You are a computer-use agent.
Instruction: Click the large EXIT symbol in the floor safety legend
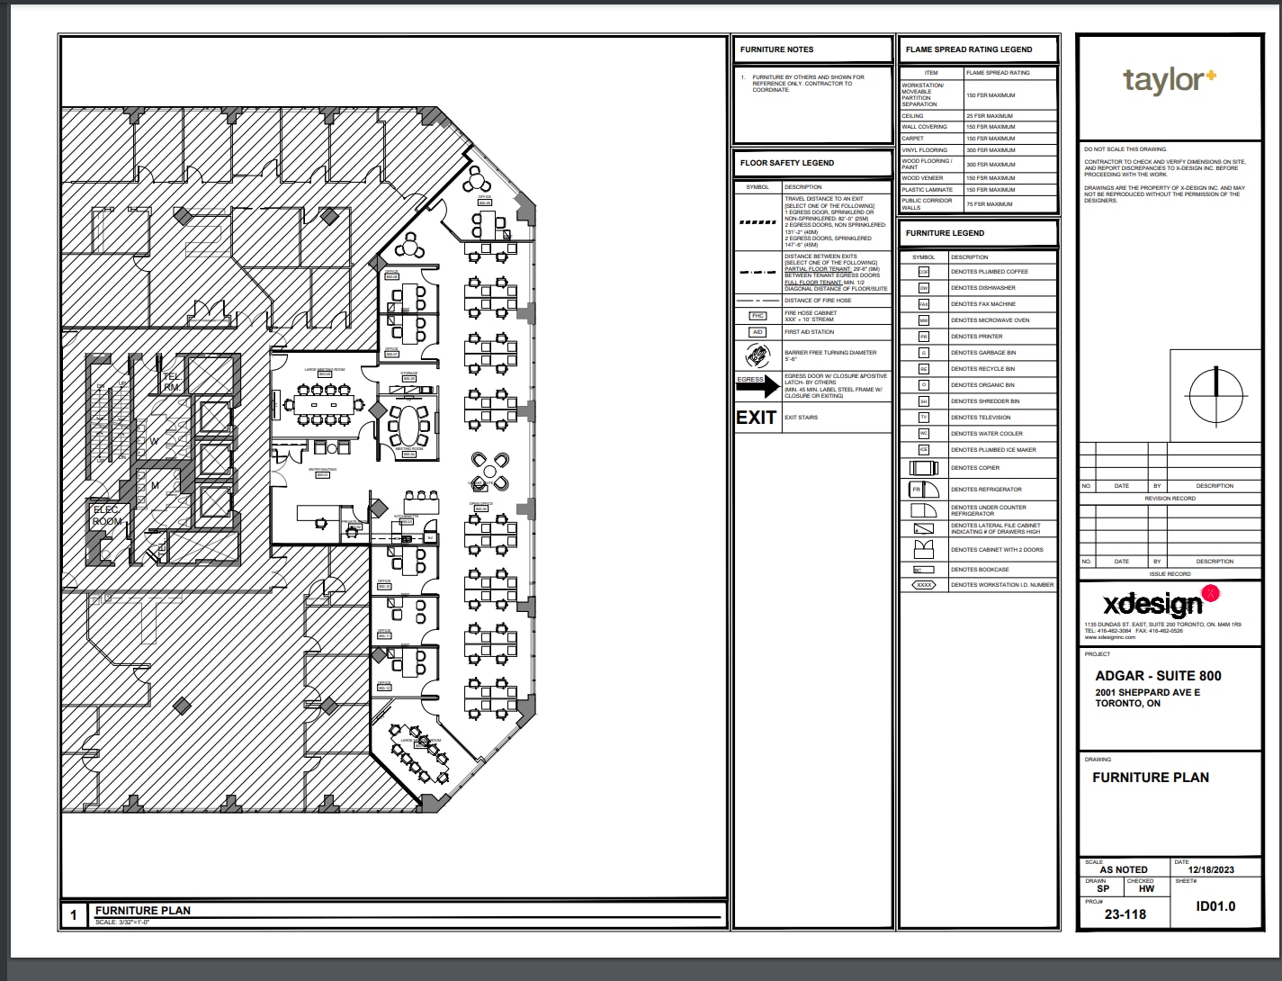[756, 418]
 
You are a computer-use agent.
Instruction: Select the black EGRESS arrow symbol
[757, 385]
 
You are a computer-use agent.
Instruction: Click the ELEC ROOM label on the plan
[106, 516]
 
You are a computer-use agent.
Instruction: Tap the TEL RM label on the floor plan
[171, 382]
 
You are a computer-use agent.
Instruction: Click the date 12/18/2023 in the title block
[1211, 870]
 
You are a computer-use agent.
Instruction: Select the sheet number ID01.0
[1215, 906]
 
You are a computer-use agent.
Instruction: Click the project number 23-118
[1125, 914]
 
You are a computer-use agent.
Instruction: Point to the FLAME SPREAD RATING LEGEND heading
[969, 49]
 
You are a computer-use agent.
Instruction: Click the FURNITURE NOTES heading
[776, 49]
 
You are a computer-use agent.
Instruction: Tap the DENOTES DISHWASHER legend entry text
[982, 288]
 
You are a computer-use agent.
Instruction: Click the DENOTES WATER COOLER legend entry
[986, 434]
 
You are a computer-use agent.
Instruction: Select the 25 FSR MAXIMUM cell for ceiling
[990, 116]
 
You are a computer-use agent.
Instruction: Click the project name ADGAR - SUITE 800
[1158, 676]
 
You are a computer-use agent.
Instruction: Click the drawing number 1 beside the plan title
[74, 915]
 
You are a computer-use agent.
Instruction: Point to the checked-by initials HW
[1145, 888]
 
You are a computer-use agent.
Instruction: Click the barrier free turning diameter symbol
[757, 355]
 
